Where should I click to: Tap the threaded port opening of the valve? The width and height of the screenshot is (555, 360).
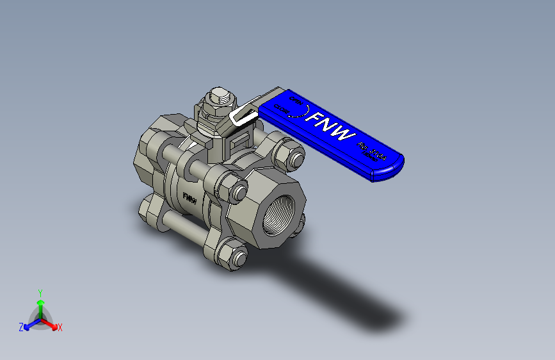click(280, 211)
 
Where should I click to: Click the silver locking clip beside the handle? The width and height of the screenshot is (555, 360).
click(242, 116)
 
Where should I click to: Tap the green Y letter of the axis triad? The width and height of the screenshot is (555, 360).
click(40, 291)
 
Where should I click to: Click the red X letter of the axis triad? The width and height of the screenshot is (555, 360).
click(60, 327)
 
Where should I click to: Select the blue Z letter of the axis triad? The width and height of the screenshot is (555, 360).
click(21, 327)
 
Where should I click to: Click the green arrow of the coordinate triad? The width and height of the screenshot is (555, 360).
click(40, 305)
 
